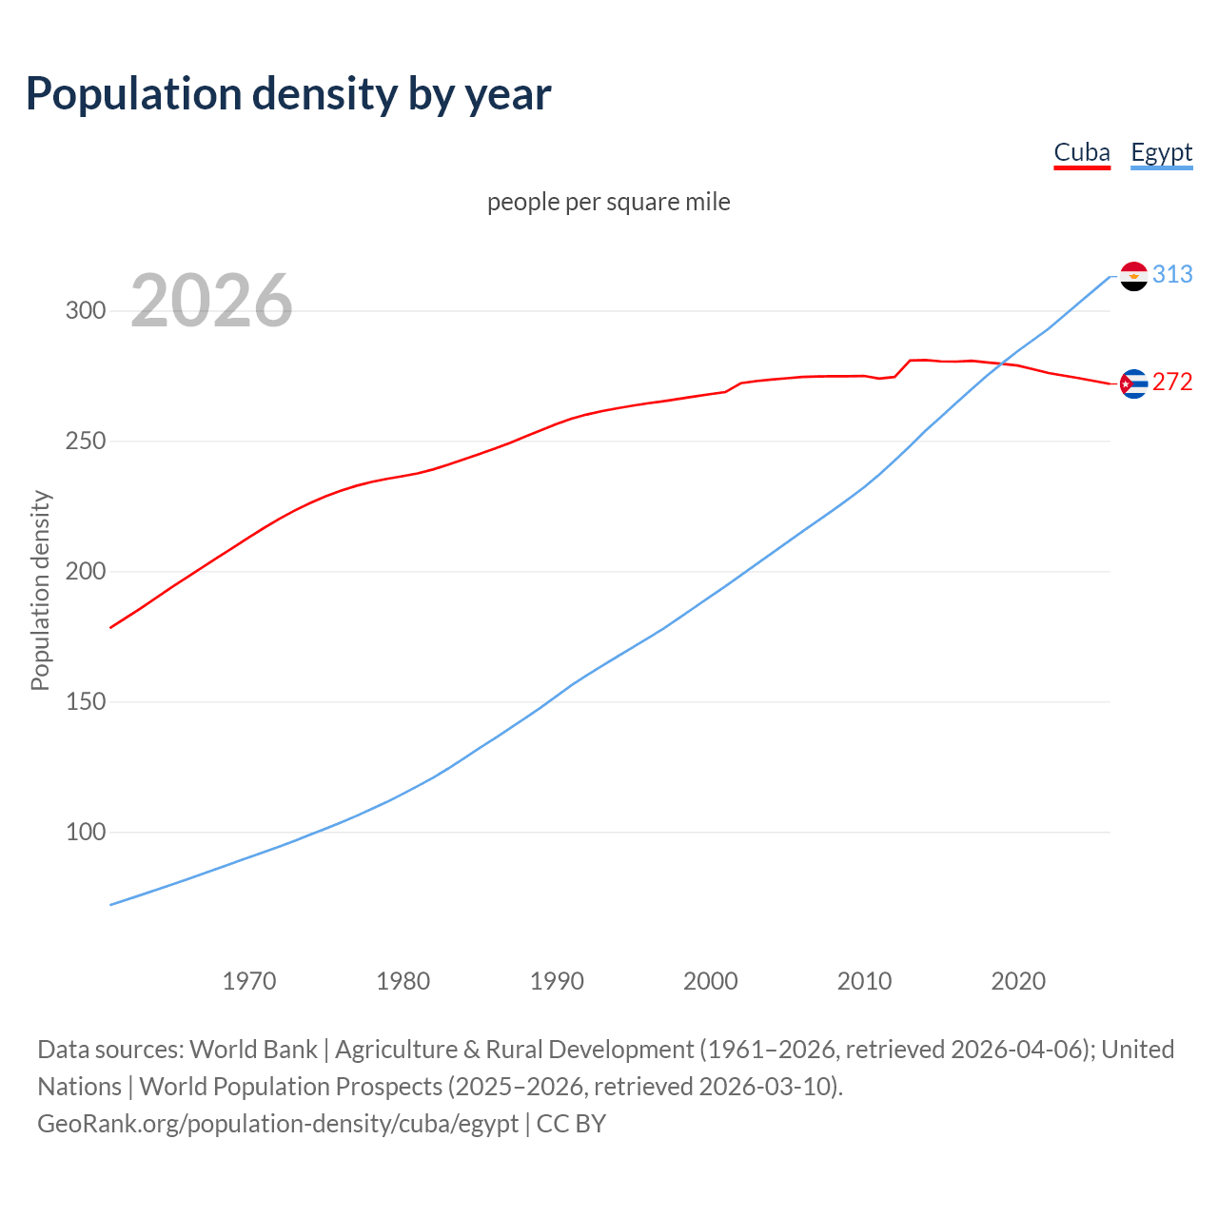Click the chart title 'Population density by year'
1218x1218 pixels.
288,94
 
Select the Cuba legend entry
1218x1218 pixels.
1082,152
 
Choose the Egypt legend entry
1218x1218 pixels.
1161,152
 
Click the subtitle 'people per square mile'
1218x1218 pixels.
609,202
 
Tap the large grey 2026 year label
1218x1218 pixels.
211,301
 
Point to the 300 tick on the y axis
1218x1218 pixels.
86,311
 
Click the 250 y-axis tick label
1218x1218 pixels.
86,442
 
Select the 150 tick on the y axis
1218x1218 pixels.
86,702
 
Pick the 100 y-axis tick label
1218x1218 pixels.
86,833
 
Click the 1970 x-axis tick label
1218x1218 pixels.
249,981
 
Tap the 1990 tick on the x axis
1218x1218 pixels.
557,981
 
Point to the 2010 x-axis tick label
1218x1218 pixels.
864,981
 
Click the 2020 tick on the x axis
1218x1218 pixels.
1018,981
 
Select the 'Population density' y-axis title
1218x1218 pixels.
40,590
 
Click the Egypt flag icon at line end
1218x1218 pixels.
1133,276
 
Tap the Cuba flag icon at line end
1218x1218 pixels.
1133,383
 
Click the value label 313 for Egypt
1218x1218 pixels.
1172,274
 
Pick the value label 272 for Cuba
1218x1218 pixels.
1172,382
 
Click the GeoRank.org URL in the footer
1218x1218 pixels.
278,1124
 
